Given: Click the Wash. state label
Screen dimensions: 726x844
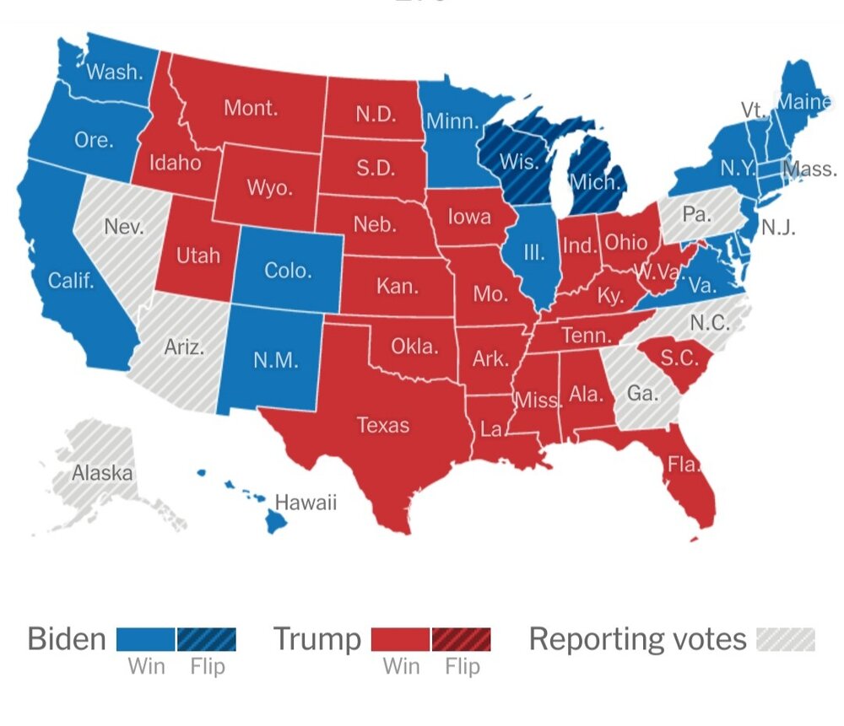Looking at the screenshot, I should click(x=115, y=72).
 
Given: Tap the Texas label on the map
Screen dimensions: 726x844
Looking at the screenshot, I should click(x=382, y=424).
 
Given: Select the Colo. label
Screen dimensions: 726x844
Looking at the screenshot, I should click(x=288, y=271).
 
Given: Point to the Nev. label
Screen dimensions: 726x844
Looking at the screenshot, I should click(x=124, y=227).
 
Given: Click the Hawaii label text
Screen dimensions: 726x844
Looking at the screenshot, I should click(x=306, y=503).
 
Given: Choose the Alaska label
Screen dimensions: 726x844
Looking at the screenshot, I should click(x=102, y=473).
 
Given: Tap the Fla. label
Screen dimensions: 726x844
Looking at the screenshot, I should click(x=681, y=463).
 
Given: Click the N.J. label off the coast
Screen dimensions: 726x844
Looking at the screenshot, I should click(x=778, y=227).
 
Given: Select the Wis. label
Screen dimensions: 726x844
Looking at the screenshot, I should click(x=515, y=161).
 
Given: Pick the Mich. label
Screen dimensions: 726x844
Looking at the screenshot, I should click(x=595, y=181).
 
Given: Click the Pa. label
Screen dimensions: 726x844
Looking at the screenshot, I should click(x=696, y=214).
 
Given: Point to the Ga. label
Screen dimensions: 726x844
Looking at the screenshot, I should click(x=643, y=393).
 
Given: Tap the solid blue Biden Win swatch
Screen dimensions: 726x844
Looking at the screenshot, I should click(x=145, y=639).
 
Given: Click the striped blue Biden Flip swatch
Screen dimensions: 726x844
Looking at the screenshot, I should click(x=206, y=639).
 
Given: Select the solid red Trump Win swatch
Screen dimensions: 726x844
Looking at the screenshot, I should click(x=401, y=639).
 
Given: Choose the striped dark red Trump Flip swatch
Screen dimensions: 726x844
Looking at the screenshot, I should click(x=461, y=639).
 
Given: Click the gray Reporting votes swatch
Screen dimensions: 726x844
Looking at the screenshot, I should click(x=786, y=639).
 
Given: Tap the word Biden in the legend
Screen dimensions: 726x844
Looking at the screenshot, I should click(x=66, y=639).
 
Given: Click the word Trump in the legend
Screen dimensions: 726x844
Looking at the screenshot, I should click(x=316, y=639).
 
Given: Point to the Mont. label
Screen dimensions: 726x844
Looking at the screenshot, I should click(x=251, y=108).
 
